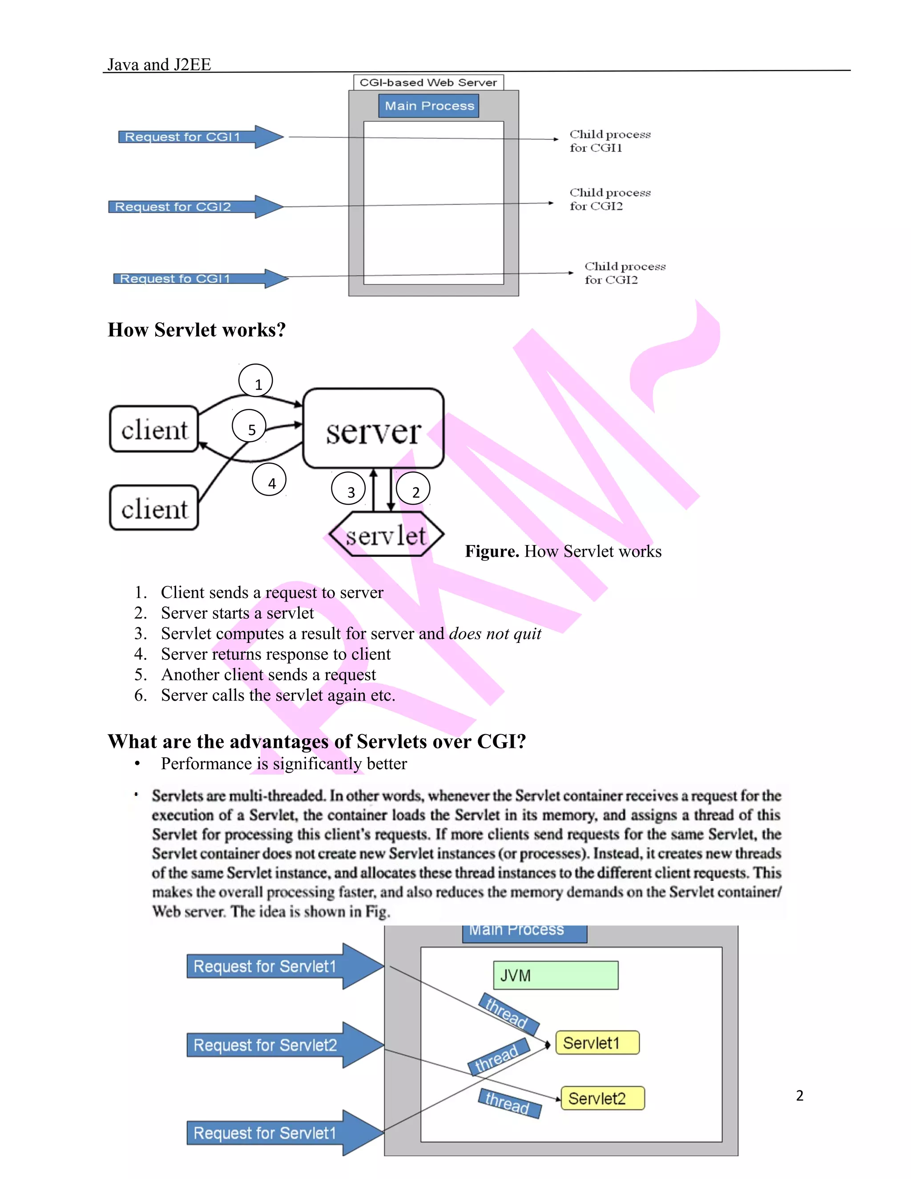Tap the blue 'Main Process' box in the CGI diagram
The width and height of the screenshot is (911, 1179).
pyautogui.click(x=429, y=106)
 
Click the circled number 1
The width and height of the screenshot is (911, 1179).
pyautogui.click(x=256, y=381)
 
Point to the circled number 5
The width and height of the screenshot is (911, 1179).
pyautogui.click(x=250, y=427)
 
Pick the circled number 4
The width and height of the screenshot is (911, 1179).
pyautogui.click(x=269, y=480)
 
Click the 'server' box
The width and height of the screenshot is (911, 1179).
pyautogui.click(x=374, y=428)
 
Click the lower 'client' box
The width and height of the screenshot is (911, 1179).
pyautogui.click(x=154, y=508)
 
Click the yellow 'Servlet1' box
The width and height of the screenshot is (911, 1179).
pyautogui.click(x=597, y=1043)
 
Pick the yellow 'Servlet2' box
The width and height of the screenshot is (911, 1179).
pyautogui.click(x=603, y=1098)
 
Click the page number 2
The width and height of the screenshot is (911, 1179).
pyautogui.click(x=800, y=1096)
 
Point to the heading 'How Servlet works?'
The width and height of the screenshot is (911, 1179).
pyautogui.click(x=197, y=330)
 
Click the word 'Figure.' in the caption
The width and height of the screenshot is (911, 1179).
pyautogui.click(x=492, y=551)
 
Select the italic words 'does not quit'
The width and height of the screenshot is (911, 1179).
pyautogui.click(x=495, y=634)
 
